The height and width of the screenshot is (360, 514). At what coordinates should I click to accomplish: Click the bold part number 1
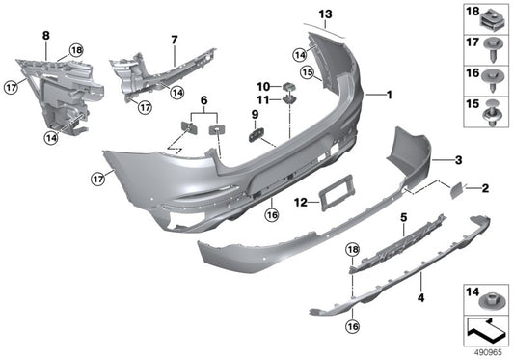(389, 95)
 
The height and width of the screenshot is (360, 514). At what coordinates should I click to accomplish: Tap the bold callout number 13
(325, 13)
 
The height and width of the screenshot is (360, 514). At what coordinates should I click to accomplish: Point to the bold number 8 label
(44, 36)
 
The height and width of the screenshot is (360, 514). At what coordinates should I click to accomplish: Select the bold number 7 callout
(175, 41)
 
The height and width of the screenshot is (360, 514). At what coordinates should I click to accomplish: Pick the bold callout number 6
(203, 99)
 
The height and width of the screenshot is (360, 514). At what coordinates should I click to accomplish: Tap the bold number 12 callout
(301, 202)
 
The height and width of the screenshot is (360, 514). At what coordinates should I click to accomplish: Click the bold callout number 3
(459, 160)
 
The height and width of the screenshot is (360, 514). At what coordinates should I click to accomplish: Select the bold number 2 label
(485, 188)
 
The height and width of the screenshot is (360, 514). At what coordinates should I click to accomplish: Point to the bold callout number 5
(404, 218)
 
